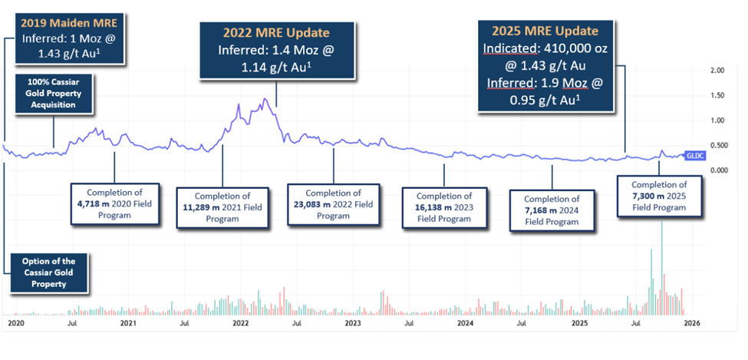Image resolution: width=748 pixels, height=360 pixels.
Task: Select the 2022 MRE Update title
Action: (277, 33)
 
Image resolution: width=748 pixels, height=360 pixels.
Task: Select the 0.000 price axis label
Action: (717, 170)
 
